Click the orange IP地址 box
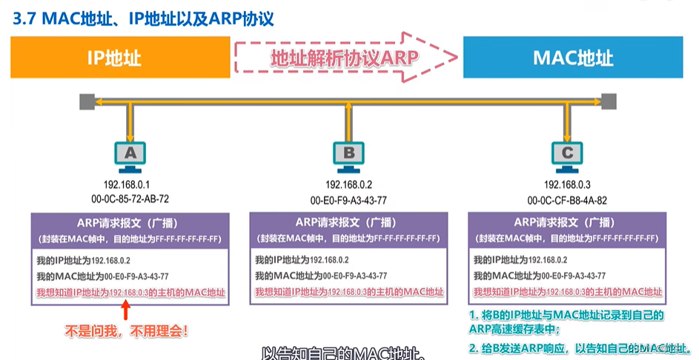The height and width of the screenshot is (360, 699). [x=119, y=57]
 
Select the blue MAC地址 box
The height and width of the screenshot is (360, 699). [x=572, y=57]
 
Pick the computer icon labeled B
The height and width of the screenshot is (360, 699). [x=348, y=153]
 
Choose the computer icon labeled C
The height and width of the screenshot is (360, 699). [x=567, y=153]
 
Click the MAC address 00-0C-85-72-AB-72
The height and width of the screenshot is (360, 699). [x=130, y=199]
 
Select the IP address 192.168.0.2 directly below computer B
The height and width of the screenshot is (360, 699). [x=348, y=184]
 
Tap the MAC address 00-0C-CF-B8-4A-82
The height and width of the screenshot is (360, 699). [x=567, y=199]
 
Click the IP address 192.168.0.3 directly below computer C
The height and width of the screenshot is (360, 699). [x=567, y=184]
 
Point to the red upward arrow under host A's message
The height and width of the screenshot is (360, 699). [x=125, y=310]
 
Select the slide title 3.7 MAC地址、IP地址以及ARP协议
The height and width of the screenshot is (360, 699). [x=144, y=18]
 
